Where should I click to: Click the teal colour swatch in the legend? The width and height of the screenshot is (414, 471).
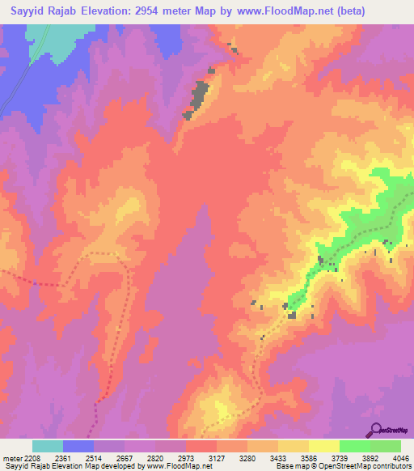48,446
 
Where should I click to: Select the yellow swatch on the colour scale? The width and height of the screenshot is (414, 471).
324,446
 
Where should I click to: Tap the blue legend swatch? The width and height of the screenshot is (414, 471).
78,446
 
